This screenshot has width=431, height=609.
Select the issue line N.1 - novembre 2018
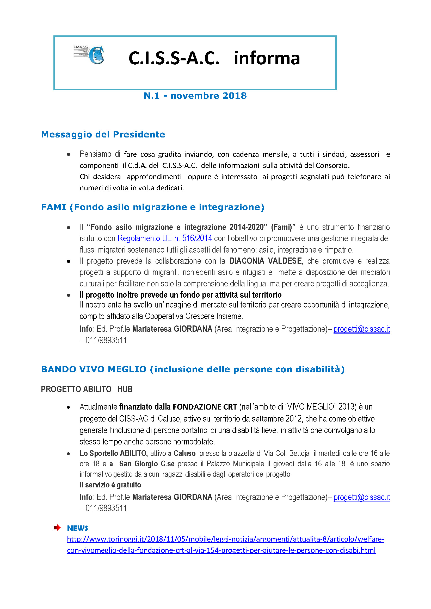(x=195, y=96)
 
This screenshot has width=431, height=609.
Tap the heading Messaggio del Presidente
(x=103, y=134)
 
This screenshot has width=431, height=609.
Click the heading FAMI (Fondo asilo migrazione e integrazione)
(x=153, y=207)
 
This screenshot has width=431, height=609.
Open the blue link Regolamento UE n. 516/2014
(x=164, y=238)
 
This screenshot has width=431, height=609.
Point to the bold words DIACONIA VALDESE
(x=266, y=261)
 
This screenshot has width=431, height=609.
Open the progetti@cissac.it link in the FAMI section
(x=361, y=329)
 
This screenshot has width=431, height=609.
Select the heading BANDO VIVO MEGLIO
(x=193, y=369)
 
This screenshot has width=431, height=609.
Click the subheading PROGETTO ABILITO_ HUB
(x=87, y=389)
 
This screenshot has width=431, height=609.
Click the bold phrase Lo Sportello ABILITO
(x=114, y=453)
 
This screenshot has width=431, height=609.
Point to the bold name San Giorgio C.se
(x=147, y=464)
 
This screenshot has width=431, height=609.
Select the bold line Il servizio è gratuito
(x=110, y=485)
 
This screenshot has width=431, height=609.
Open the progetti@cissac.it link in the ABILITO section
(x=361, y=497)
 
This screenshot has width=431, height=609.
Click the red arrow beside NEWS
(x=57, y=528)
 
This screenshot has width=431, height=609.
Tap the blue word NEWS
(x=77, y=528)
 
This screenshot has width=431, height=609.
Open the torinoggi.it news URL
(x=225, y=539)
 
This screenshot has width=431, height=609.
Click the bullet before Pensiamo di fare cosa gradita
(x=69, y=154)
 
